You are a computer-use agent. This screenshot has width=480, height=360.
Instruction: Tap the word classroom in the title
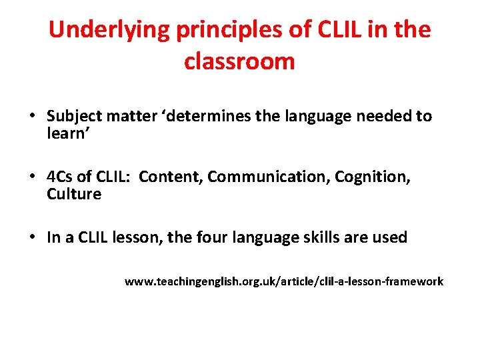point(239,61)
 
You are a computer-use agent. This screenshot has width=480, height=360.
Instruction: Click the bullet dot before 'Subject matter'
point(31,117)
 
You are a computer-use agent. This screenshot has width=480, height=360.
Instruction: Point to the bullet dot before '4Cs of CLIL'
point(31,177)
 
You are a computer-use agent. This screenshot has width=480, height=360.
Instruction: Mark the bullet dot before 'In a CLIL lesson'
point(31,238)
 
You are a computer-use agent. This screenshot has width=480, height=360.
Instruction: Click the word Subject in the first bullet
point(71,117)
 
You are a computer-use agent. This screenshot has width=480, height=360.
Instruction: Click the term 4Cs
point(59,177)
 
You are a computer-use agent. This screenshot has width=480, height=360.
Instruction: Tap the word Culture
point(74,194)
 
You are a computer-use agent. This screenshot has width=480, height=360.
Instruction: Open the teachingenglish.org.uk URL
point(283,281)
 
